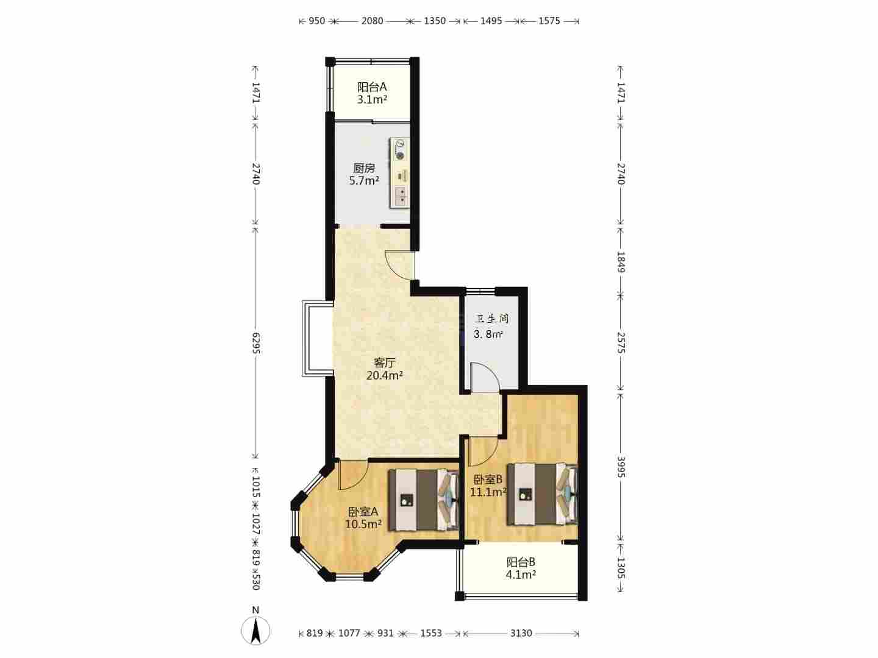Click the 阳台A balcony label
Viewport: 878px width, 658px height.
pos(371,87)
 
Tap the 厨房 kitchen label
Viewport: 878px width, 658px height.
pos(364,168)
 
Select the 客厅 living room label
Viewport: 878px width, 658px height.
pos(384,363)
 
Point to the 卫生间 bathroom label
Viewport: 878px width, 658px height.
pos(491,319)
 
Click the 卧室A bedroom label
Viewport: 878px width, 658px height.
pos(363,511)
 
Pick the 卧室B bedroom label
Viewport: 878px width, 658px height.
pos(488,479)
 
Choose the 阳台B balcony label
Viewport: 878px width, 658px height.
pos(521,562)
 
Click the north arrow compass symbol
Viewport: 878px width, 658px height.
pos(255,630)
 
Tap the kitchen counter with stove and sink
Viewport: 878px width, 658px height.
pos(399,173)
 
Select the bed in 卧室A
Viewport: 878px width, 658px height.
pos(423,500)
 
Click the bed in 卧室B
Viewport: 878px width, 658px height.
pos(542,493)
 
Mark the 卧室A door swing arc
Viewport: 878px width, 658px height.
pos(353,475)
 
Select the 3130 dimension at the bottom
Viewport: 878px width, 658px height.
pos(521,633)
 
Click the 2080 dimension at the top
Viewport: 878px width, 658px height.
pos(373,21)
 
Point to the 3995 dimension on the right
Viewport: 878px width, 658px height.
pos(621,467)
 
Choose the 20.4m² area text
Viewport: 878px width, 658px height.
pos(384,375)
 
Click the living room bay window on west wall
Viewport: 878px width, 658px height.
pos(318,339)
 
